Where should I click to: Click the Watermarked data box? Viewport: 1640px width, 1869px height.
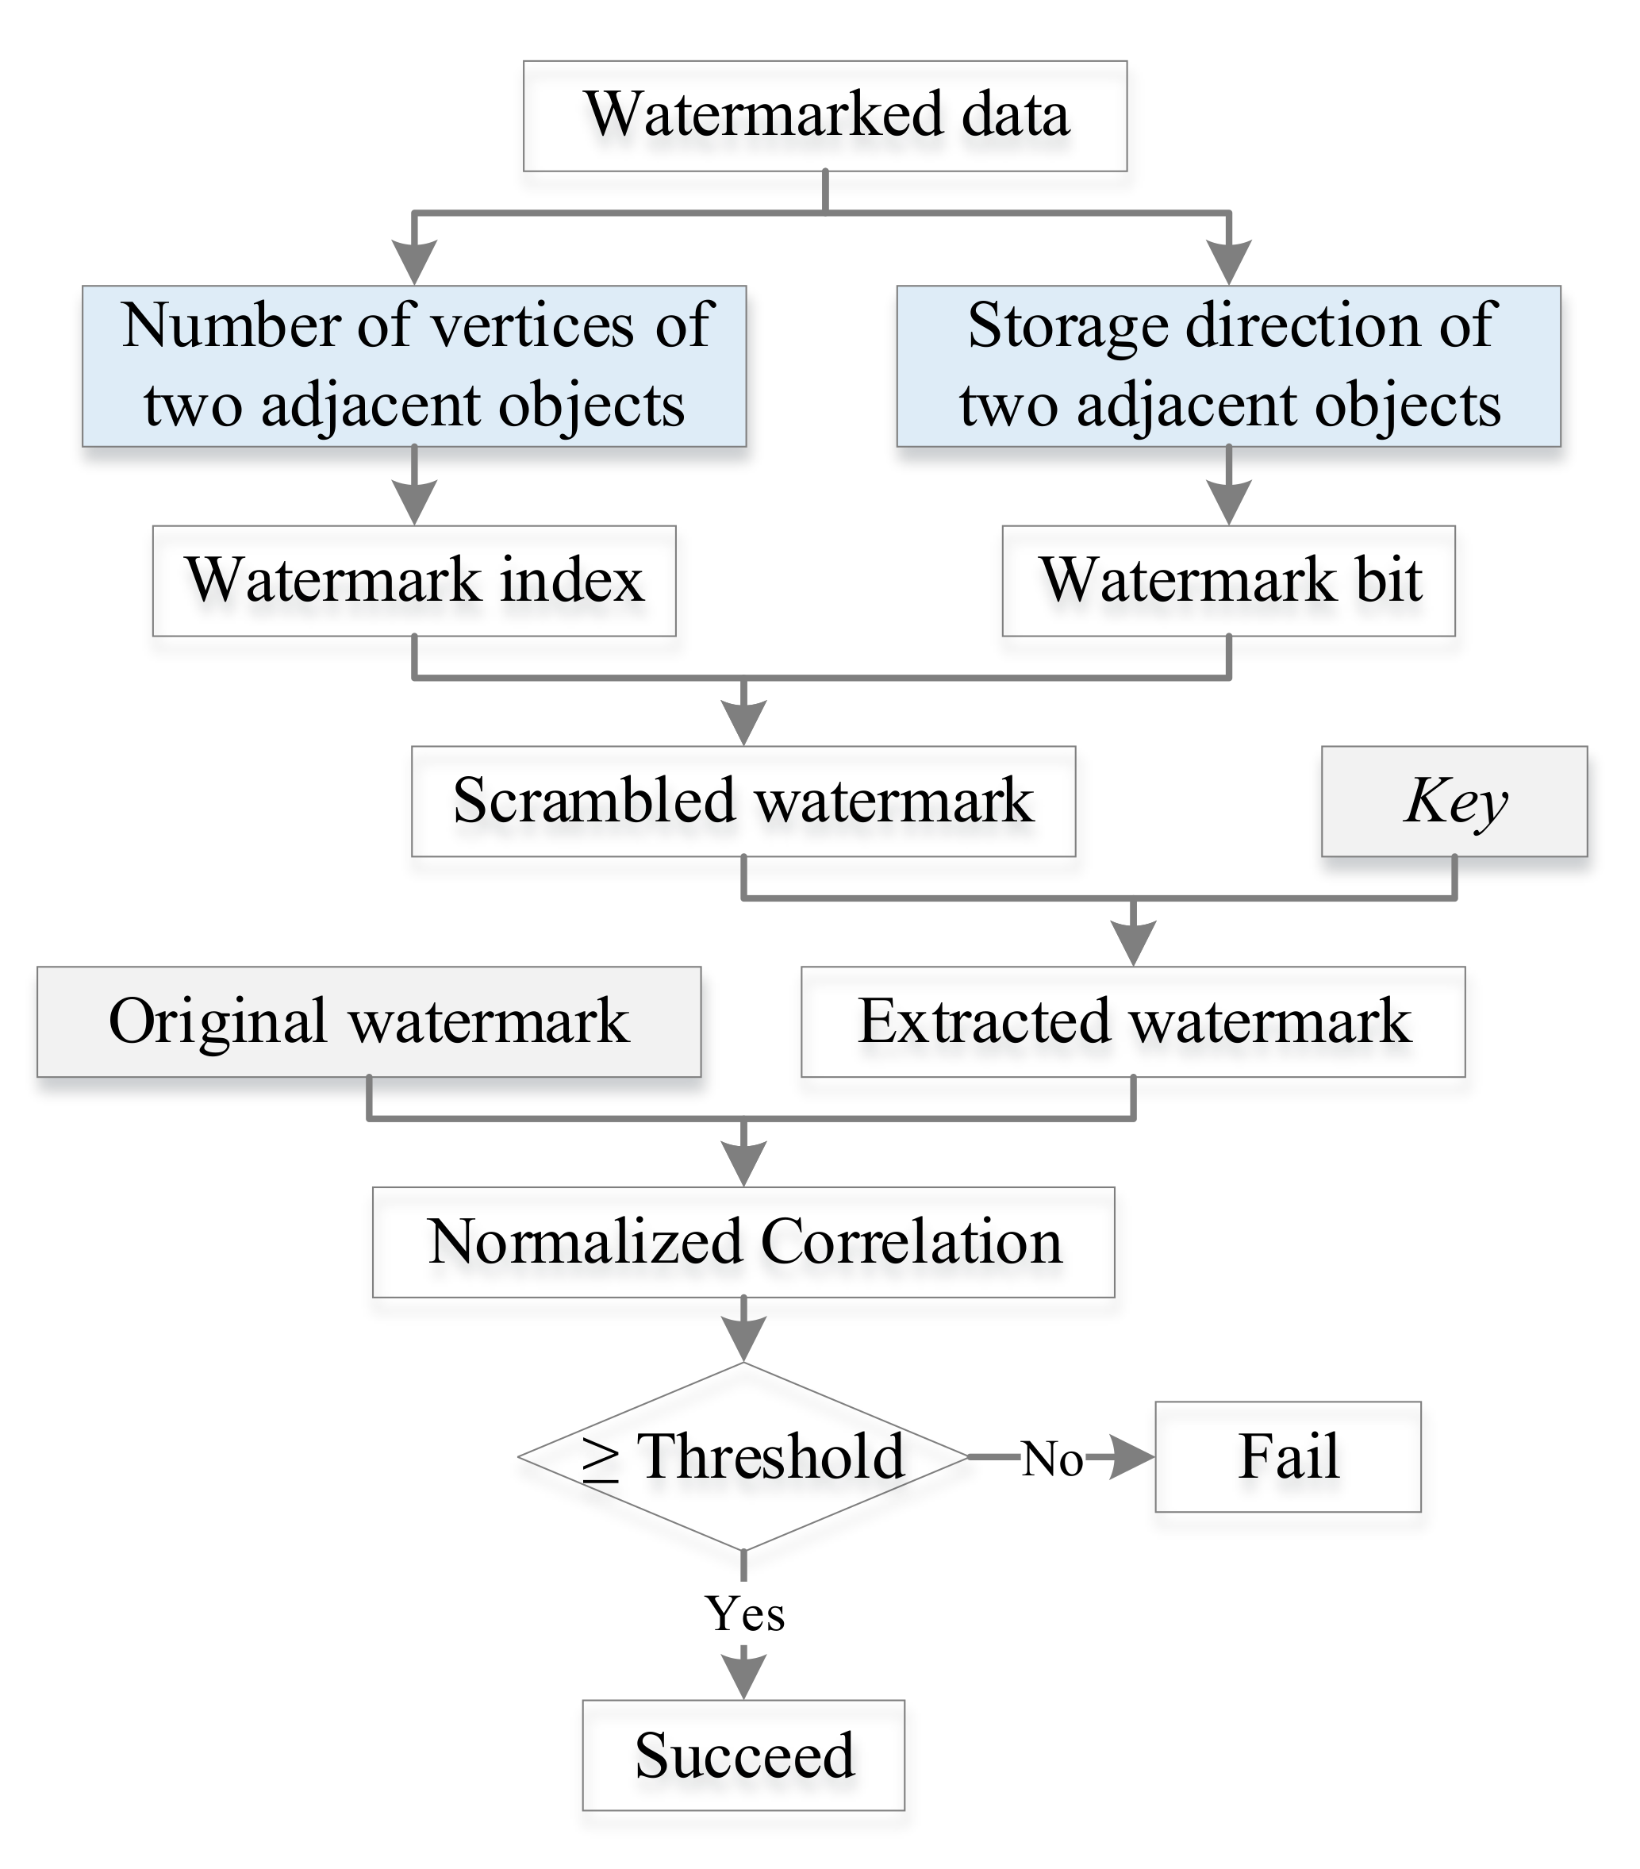824,116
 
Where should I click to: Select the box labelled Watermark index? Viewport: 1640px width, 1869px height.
414,581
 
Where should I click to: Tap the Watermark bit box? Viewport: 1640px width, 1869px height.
1227,581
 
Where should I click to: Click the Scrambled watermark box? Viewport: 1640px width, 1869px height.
743,801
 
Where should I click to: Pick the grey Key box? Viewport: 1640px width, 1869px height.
1454,801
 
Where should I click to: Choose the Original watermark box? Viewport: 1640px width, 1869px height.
368,1021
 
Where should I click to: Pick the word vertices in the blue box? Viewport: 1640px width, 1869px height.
531,325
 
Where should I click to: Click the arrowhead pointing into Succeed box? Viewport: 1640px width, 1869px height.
744,1677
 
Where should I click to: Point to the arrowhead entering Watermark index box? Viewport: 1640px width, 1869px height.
414,504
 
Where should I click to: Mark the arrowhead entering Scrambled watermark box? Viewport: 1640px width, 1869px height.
744,725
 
